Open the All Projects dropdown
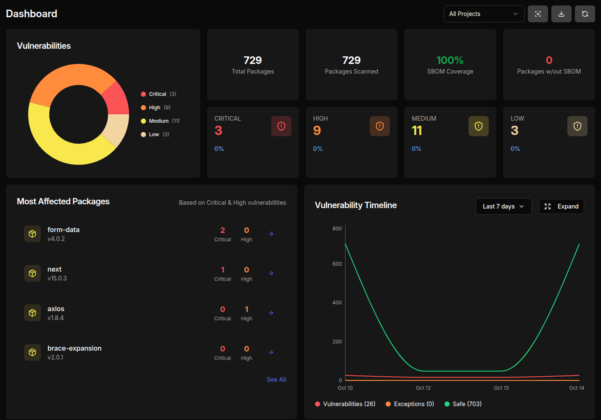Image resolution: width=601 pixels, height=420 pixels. (x=484, y=14)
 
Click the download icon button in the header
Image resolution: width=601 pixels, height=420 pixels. (x=561, y=14)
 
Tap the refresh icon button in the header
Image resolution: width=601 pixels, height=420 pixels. (x=585, y=14)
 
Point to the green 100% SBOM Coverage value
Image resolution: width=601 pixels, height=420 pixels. (x=450, y=60)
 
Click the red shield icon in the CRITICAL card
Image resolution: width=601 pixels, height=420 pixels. (x=281, y=126)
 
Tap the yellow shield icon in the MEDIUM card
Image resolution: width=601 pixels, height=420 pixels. (x=478, y=126)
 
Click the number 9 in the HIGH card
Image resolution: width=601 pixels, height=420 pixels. (x=317, y=131)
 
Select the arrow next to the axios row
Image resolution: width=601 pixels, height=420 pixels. (x=271, y=313)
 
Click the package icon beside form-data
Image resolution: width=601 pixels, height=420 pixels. (x=32, y=234)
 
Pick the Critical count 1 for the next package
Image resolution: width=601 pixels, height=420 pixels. (x=222, y=270)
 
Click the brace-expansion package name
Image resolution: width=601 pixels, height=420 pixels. (x=74, y=348)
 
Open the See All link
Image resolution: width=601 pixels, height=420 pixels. (x=276, y=380)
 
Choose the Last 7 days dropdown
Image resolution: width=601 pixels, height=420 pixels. (x=503, y=206)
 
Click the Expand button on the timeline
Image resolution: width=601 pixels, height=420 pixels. (x=561, y=206)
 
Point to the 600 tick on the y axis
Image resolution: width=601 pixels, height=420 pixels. (x=337, y=264)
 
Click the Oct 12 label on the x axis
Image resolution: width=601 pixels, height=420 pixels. (x=423, y=388)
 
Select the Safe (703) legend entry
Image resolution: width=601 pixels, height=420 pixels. (x=463, y=404)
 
